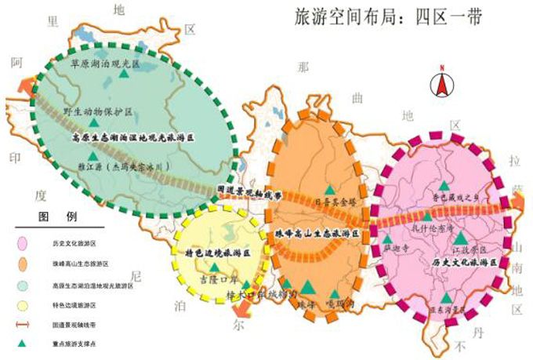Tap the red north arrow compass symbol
[441, 79]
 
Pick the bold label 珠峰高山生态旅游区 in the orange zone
[317, 234]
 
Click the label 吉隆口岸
[218, 278]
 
